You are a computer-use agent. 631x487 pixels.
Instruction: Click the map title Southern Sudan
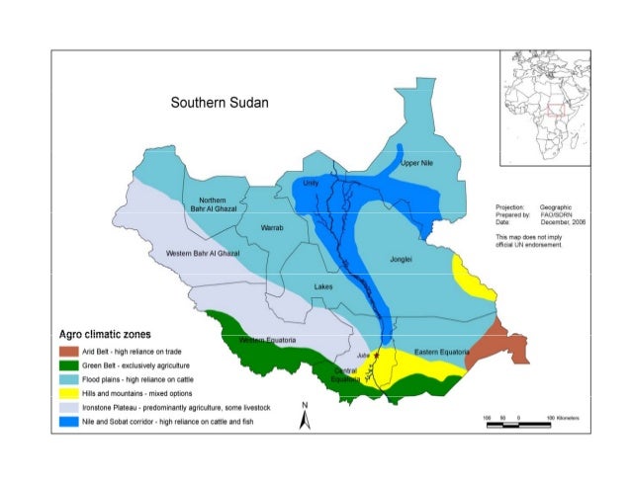click(x=219, y=103)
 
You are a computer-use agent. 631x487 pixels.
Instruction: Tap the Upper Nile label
click(x=418, y=163)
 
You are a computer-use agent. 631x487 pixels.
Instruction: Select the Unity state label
click(x=311, y=183)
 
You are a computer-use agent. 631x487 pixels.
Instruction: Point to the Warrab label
click(x=270, y=228)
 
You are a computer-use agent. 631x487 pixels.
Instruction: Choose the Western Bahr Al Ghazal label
click(x=203, y=254)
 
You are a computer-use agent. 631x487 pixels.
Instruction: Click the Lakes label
click(x=323, y=286)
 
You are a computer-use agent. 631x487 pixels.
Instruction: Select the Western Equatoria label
click(x=269, y=340)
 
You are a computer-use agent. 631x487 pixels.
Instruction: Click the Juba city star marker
click(x=377, y=354)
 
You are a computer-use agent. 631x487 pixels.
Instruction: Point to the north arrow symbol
click(x=306, y=416)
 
